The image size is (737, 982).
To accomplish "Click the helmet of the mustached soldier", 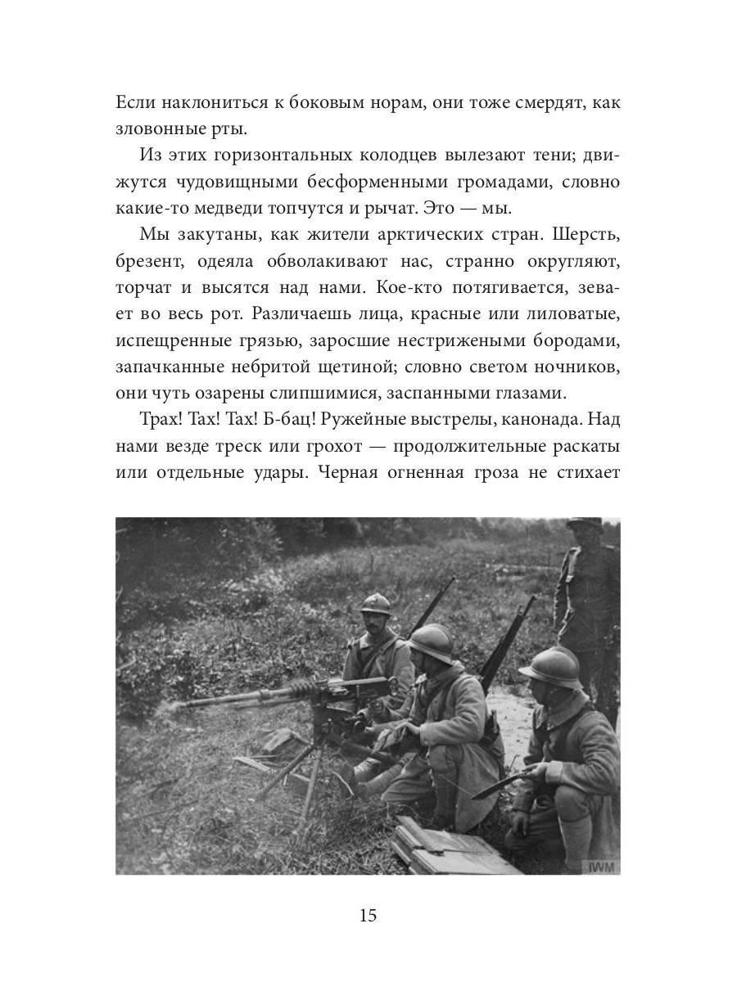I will [378, 606].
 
